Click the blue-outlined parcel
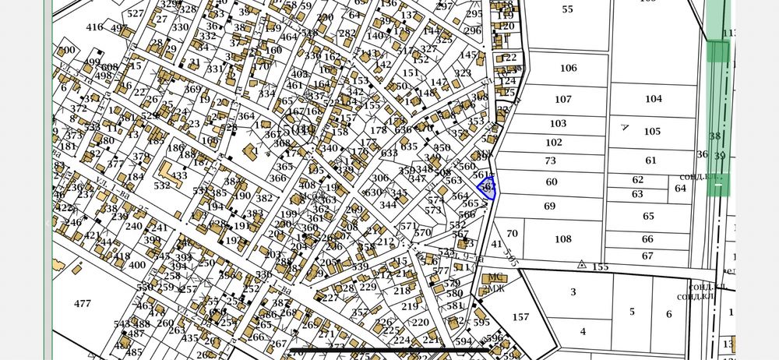pos(486,188)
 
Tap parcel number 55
pos(566,9)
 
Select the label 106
pos(568,68)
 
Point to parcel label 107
pos(562,100)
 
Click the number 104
pos(653,99)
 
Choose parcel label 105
pos(652,131)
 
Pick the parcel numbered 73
pos(551,161)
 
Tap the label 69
pos(550,206)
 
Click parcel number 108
pos(562,239)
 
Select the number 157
pos(520,317)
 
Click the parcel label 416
pos(94,27)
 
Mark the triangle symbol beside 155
pos(580,265)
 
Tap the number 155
pos(600,266)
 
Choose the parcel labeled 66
pos(647,239)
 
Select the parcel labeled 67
pos(647,256)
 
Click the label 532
pos(161,186)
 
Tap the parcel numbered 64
pos(680,188)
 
